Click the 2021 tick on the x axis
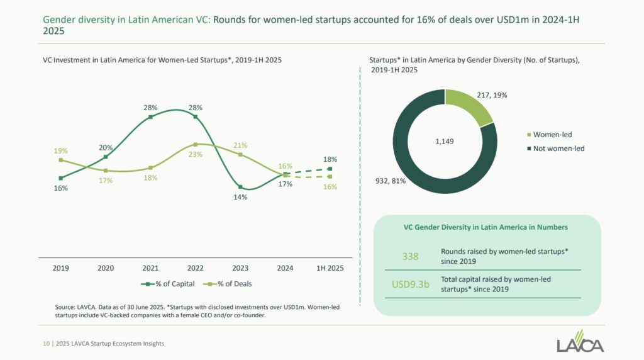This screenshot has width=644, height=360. point(150,267)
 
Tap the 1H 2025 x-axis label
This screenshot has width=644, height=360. point(330,267)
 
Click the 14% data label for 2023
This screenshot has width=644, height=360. point(240,197)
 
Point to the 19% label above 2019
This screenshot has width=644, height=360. point(60,151)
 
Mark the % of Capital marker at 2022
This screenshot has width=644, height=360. point(196,116)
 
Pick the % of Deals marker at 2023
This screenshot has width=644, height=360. point(240,155)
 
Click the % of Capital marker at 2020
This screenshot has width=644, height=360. point(106,157)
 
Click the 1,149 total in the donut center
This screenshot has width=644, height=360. point(445,142)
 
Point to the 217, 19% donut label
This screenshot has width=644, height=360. point(492,95)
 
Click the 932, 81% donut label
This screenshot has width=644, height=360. point(391,181)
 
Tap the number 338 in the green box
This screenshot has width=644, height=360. point(410,256)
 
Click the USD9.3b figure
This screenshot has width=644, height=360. point(410,284)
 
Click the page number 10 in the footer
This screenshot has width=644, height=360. point(46,344)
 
